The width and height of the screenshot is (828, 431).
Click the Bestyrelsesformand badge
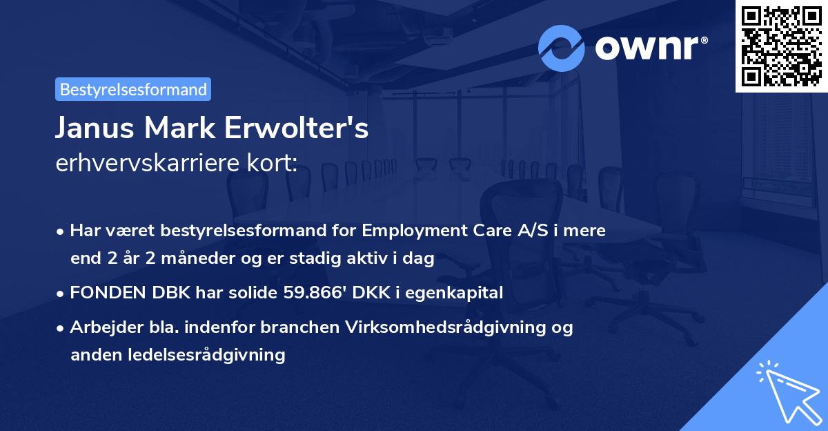[x=132, y=89]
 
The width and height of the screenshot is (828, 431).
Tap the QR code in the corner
[x=781, y=46]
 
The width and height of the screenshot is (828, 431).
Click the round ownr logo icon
[x=562, y=48]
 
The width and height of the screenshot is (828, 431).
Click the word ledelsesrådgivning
[x=177, y=355]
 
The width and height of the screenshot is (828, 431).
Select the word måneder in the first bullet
[x=182, y=259]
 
